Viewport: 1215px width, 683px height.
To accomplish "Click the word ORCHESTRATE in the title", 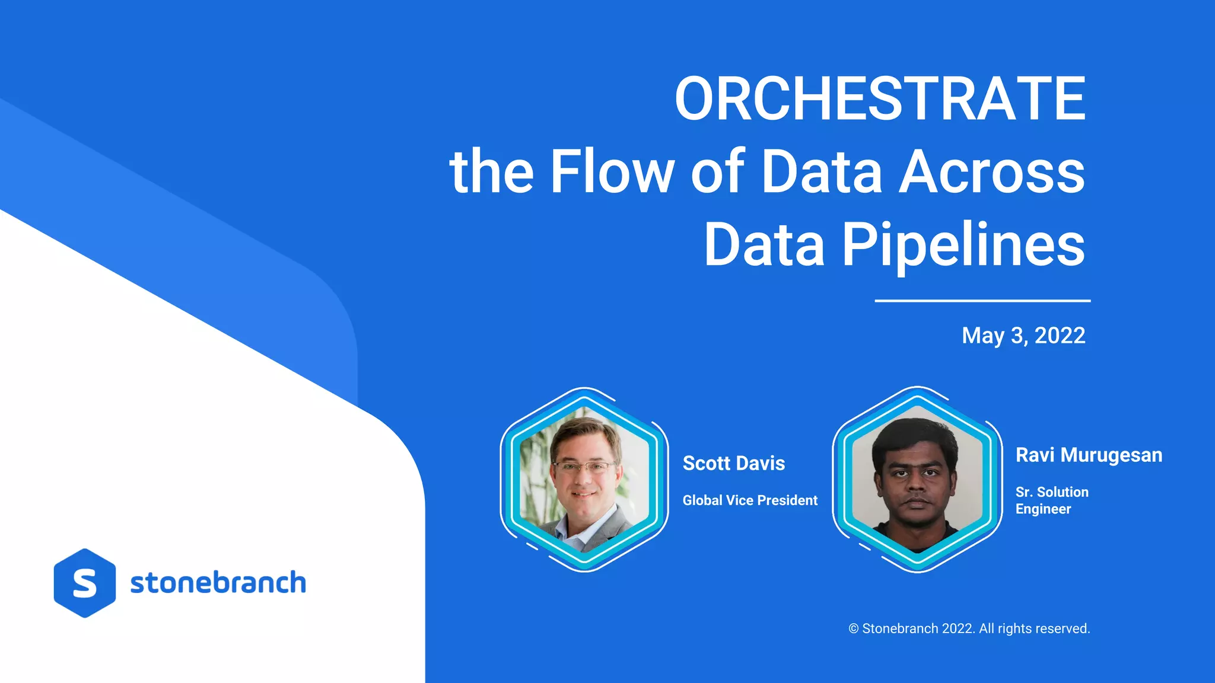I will tap(880, 99).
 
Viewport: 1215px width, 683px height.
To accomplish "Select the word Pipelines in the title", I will tap(963, 245).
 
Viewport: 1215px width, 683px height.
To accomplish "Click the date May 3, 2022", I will tap(1023, 336).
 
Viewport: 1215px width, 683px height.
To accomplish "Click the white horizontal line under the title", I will tap(982, 301).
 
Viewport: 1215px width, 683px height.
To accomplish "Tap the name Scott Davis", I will tap(734, 463).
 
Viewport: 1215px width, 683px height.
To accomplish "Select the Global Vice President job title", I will tap(750, 500).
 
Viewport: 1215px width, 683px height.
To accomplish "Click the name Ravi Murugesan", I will tap(1089, 455).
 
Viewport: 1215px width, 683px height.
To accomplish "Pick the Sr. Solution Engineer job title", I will tap(1051, 500).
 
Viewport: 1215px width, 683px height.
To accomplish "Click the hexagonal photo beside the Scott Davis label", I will tap(584, 479).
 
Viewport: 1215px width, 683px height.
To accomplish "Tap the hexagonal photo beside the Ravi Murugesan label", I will tap(917, 479).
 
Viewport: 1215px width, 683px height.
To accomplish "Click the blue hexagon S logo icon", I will tap(85, 583).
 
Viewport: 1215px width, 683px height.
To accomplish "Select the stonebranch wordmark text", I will tap(218, 583).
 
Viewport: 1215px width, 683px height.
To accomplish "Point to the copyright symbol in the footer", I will tap(854, 629).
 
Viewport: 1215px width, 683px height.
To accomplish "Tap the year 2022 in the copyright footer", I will tap(957, 629).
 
